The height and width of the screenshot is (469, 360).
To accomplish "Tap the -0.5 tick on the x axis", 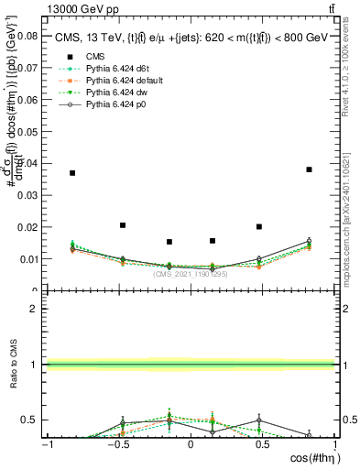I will click(118, 444).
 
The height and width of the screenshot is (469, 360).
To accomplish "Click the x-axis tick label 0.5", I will click(262, 444).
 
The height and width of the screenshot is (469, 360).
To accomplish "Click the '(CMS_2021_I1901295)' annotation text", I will click(190, 274).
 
